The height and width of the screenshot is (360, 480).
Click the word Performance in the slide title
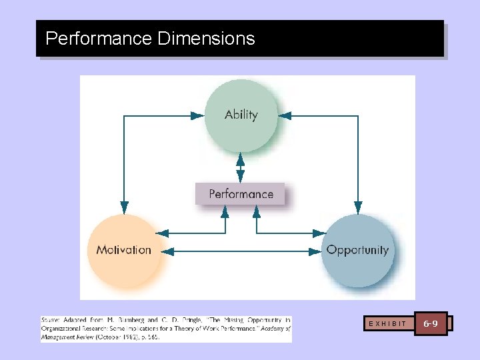tap(99, 39)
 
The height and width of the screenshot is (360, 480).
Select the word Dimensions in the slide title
tap(207, 39)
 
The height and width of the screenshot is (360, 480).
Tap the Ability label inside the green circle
tap(241, 115)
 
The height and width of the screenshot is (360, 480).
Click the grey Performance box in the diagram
tap(241, 194)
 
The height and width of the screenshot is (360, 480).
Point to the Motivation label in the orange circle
tap(124, 250)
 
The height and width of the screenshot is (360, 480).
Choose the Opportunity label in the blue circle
tap(357, 250)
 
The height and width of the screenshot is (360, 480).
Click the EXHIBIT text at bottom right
tap(387, 324)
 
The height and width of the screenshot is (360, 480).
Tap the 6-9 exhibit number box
tap(431, 323)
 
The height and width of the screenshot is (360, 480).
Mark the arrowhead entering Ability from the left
tap(198, 115)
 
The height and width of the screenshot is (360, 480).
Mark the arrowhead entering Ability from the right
tap(285, 115)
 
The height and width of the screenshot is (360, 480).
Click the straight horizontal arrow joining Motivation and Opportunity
tap(241, 251)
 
